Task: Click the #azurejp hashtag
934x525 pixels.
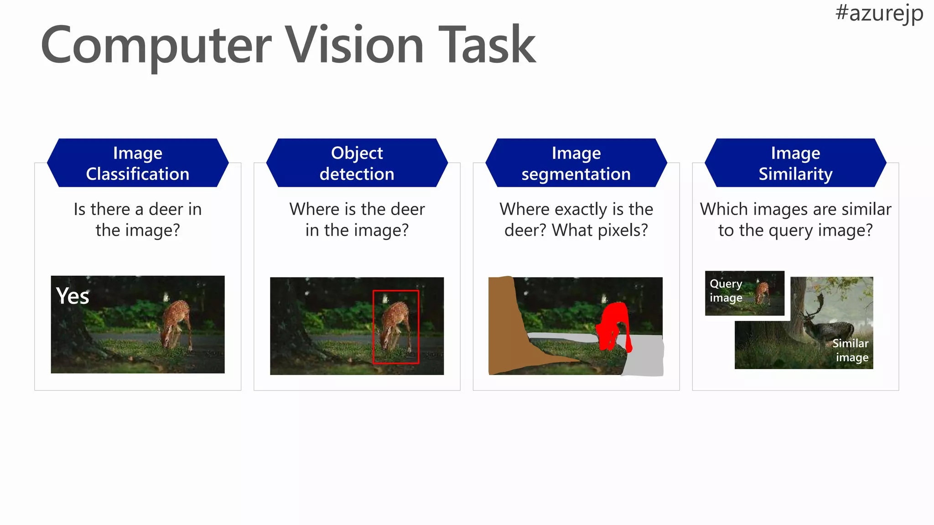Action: [879, 13]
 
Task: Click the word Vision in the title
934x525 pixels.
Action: [354, 46]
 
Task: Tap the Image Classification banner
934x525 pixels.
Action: [138, 163]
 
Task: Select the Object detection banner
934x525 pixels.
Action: [357, 163]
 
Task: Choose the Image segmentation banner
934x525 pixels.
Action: [576, 163]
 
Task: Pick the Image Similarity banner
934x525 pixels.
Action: [795, 163]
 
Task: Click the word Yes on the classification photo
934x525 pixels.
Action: [72, 296]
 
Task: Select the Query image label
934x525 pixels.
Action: [726, 291]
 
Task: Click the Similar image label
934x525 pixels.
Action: [851, 350]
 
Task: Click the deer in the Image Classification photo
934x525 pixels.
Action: [176, 321]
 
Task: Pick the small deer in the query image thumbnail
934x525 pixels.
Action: [762, 293]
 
